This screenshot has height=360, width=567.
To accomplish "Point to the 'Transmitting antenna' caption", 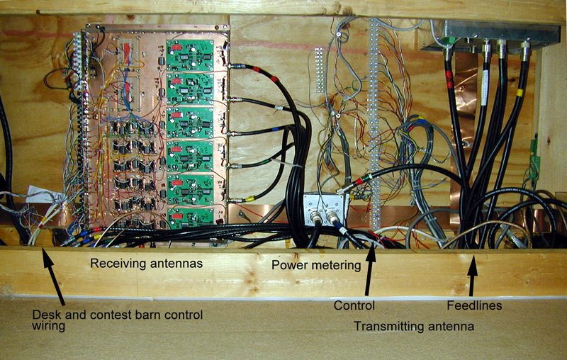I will tap(414, 326).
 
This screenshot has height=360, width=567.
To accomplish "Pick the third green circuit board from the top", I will tap(189, 122).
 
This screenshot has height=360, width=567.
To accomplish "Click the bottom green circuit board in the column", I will tap(189, 217).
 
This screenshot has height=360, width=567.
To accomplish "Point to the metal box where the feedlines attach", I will tap(489, 33).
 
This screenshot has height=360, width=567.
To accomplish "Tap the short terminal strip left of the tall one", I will tap(320, 71).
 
